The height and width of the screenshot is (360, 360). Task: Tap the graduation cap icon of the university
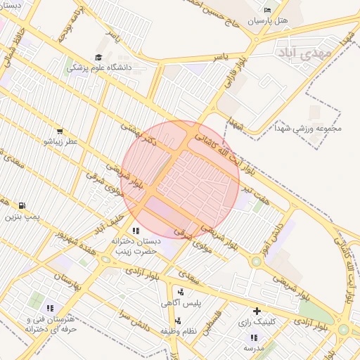98,57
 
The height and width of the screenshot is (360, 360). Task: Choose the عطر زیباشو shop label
59,141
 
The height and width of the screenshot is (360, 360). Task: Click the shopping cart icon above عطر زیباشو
60,131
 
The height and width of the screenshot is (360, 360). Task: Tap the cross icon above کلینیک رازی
257,311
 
